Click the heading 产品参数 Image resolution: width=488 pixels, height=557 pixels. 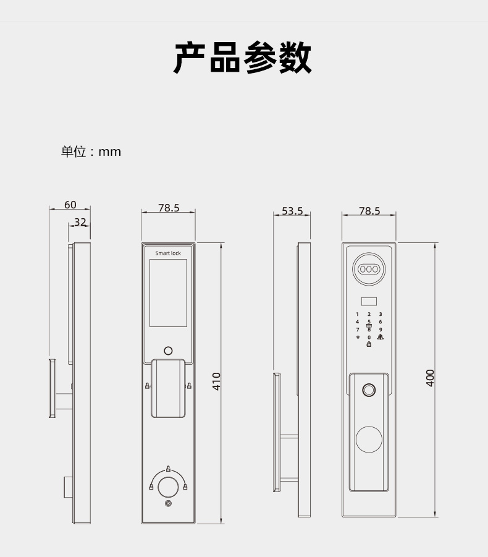(x=243, y=59)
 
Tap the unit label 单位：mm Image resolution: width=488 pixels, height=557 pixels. (x=91, y=151)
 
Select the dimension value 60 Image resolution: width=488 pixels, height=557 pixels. (x=70, y=205)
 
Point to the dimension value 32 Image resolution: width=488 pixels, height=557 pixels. (x=80, y=222)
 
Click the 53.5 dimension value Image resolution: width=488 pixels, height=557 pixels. (x=292, y=211)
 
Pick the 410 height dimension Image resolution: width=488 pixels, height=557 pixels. (x=216, y=381)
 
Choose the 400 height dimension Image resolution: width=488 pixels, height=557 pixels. (x=431, y=378)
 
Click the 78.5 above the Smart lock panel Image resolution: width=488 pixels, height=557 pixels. (x=168, y=208)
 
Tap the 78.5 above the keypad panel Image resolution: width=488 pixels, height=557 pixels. (x=369, y=211)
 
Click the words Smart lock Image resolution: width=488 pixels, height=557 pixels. (x=168, y=253)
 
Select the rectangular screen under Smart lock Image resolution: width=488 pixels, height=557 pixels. (x=168, y=293)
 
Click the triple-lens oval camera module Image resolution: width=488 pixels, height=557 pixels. (x=369, y=269)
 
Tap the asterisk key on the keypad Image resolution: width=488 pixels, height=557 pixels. (x=357, y=338)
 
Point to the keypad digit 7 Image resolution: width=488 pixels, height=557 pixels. (x=357, y=330)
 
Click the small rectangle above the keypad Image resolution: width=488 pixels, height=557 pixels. (x=369, y=302)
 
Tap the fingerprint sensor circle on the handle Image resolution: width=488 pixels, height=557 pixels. (x=369, y=391)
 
